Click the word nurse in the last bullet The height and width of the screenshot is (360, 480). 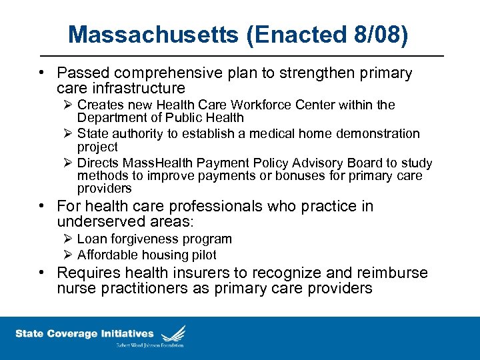tap(75, 289)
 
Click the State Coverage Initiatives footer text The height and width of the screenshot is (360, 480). tap(84, 334)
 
